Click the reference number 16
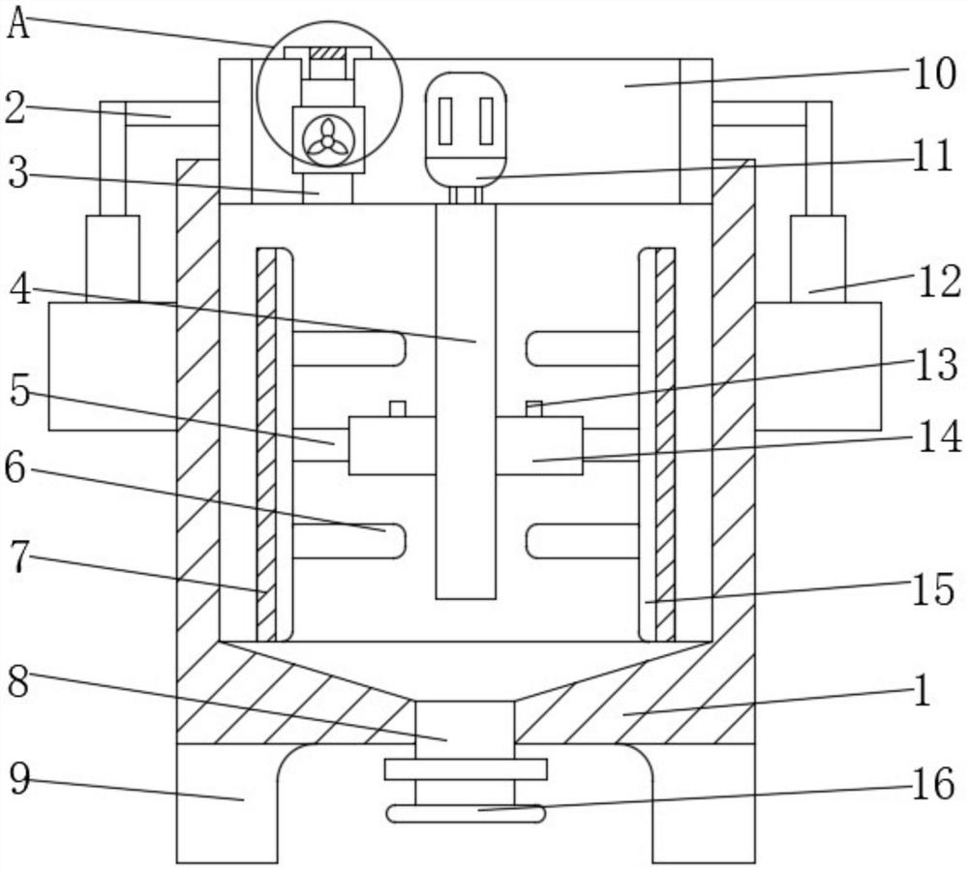[934, 785]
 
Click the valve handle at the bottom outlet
[465, 815]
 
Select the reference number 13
[934, 365]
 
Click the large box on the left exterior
[111, 366]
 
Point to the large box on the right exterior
[818, 366]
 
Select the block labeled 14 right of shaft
[539, 446]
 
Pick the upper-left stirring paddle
[348, 348]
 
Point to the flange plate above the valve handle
[465, 770]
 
